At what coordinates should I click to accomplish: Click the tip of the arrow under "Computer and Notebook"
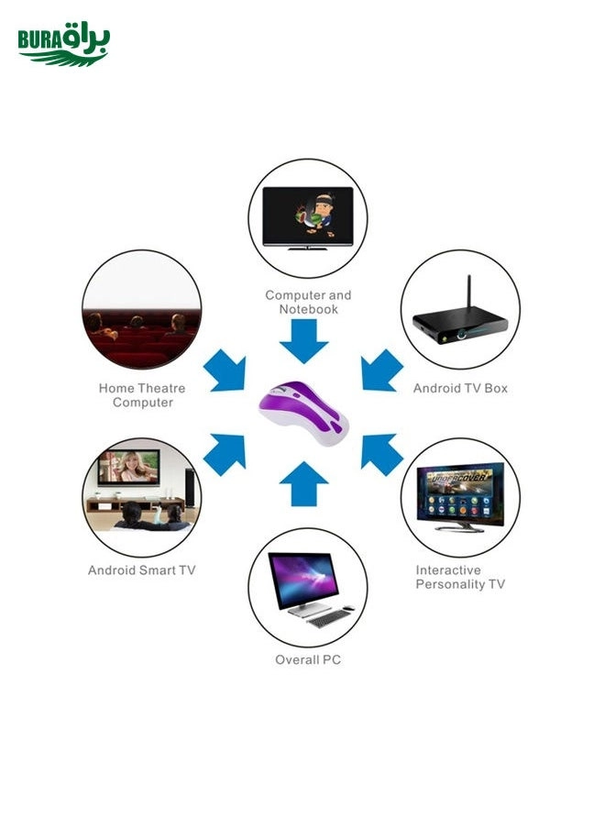[303, 363]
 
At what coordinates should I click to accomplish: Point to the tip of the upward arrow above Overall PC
[303, 461]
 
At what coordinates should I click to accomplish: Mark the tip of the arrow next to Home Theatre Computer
[245, 390]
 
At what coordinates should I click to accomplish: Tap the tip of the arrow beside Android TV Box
[362, 390]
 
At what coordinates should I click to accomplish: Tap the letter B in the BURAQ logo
[25, 40]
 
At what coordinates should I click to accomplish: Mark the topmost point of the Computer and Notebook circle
[307, 160]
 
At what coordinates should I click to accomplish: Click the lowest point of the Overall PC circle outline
[307, 647]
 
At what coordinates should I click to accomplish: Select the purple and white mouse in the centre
[303, 413]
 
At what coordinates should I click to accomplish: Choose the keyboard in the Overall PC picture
[330, 617]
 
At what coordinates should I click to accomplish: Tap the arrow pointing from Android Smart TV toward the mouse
[224, 455]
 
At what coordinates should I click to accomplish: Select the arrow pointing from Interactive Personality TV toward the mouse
[382, 455]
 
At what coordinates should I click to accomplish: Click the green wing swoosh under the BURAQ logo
[63, 58]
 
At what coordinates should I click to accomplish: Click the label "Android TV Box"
[460, 388]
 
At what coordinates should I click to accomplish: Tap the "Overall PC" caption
[308, 660]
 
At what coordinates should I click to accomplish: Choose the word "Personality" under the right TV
[450, 584]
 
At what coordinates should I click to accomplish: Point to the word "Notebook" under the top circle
[309, 309]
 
